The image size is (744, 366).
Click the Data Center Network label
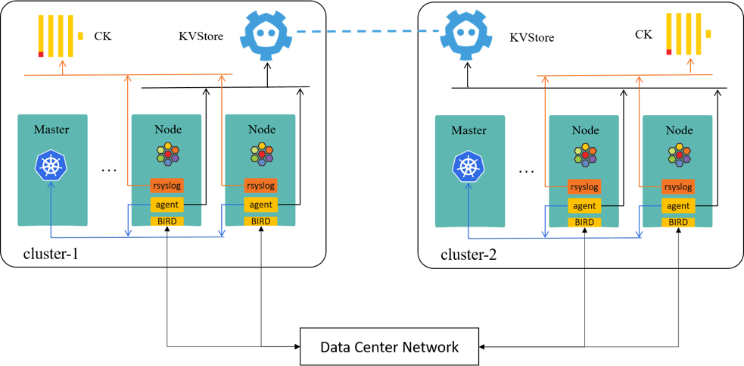point(389,347)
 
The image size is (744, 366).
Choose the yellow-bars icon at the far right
point(690,34)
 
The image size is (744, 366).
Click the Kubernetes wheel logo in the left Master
point(51,166)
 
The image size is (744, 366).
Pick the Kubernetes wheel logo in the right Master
point(469,166)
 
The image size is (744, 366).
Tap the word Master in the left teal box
point(51,130)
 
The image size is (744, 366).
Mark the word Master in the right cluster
point(469,130)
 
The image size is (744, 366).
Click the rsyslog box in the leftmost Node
point(167,185)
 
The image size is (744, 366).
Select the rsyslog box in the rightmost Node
point(678,186)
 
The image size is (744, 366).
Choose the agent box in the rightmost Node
point(678,205)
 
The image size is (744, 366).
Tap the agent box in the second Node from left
point(260,204)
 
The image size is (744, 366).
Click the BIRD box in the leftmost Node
point(167,221)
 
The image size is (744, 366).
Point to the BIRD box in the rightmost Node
point(678,222)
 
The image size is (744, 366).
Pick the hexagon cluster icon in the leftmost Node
point(168,154)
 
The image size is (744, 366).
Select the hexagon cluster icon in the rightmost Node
point(679,155)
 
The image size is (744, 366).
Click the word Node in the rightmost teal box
point(679,130)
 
